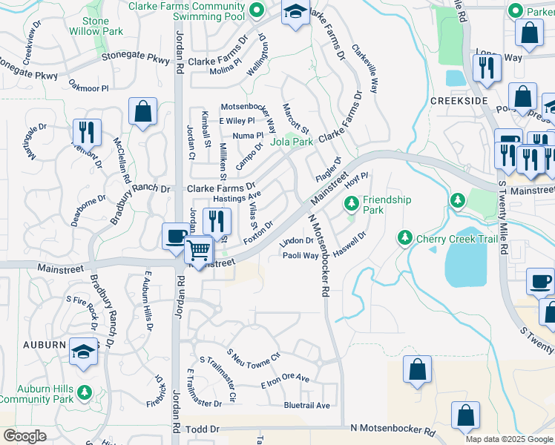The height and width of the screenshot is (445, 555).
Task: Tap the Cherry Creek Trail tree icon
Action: (x=404, y=237)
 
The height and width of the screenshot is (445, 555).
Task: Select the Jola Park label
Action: (x=292, y=142)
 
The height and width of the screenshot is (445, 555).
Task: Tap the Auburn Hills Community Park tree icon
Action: (x=85, y=391)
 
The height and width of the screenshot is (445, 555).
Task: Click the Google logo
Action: (x=24, y=436)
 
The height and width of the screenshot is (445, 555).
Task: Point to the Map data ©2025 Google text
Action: (x=508, y=439)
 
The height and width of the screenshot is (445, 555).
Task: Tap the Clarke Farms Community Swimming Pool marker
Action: (x=257, y=10)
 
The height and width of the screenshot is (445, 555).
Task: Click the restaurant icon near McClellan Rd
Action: (x=87, y=133)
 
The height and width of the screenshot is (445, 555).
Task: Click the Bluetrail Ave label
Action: (x=306, y=406)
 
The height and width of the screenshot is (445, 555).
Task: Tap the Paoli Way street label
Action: (x=301, y=256)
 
